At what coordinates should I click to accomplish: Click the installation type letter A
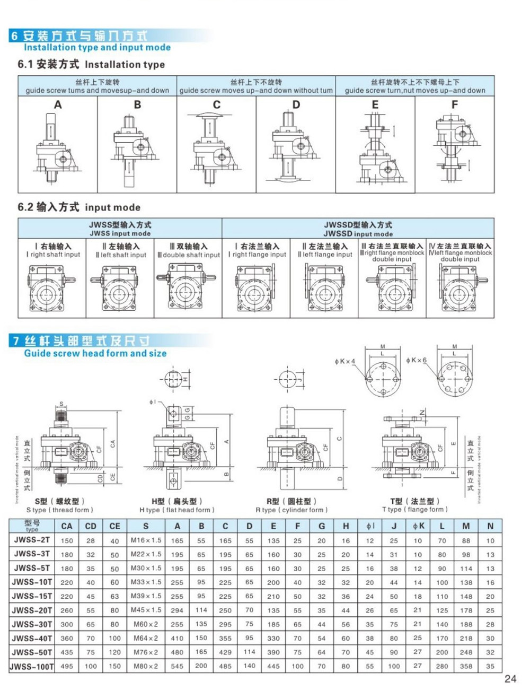point(58,105)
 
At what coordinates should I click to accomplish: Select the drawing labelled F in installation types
point(456,143)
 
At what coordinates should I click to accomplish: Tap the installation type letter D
point(296,105)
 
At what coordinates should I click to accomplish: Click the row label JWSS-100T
point(32,666)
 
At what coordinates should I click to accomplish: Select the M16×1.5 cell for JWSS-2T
point(146,540)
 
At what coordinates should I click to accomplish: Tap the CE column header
point(114,526)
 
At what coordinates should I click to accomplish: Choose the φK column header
point(418,526)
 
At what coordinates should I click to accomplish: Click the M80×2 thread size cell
point(146,666)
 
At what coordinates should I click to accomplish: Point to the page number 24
point(510,679)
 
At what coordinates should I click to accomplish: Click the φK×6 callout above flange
point(416,360)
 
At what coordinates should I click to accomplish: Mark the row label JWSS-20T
point(32,610)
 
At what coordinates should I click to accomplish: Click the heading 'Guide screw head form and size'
point(95,353)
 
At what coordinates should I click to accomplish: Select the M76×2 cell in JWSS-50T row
point(146,652)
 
